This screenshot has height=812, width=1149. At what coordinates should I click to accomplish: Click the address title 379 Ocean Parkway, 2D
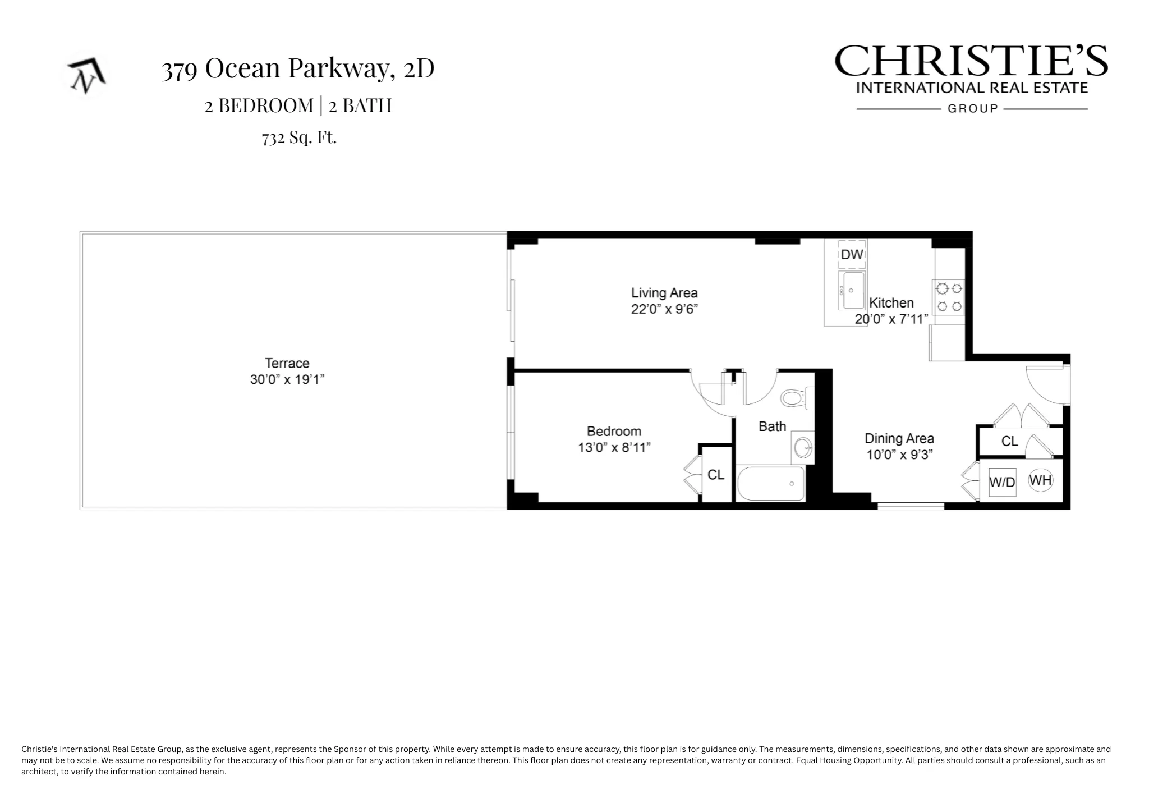[x=298, y=68]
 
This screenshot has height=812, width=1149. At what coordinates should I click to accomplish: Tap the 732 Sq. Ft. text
[x=299, y=137]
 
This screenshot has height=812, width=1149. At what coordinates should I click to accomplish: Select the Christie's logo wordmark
[x=971, y=62]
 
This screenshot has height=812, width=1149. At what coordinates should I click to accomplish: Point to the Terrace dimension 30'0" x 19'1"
[x=287, y=380]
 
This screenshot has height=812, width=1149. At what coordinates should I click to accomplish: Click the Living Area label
[x=664, y=293]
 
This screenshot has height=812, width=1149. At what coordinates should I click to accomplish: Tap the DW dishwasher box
[x=852, y=255]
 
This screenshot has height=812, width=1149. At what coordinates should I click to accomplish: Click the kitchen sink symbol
[x=852, y=290]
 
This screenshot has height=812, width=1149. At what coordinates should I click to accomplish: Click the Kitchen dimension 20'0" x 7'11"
[x=891, y=319]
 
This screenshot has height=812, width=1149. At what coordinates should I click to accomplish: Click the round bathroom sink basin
[x=803, y=448]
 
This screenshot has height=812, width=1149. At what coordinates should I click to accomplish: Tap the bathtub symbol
[x=771, y=484]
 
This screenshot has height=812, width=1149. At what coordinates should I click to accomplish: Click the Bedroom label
[x=614, y=432]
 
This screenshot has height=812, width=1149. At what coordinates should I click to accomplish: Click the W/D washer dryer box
[x=1002, y=482]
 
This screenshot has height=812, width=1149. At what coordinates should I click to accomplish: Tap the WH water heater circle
[x=1040, y=480]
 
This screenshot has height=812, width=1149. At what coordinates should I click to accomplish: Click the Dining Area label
[x=899, y=439]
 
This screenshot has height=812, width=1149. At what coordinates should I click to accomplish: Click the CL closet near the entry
[x=1009, y=442]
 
